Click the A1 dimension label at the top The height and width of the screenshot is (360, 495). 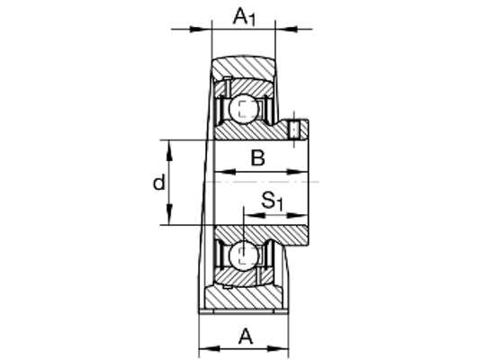pos(244,17)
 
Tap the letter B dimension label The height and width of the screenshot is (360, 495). pos(257,158)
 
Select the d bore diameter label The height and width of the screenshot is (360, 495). pos(159,182)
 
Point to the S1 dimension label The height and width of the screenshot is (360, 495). pos(272,202)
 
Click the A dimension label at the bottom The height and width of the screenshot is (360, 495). pos(246,337)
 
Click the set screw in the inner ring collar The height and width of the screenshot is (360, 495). pos(294,130)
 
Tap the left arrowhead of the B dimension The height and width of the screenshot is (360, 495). pos(225,173)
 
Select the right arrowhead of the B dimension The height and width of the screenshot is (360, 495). pos(297,173)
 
